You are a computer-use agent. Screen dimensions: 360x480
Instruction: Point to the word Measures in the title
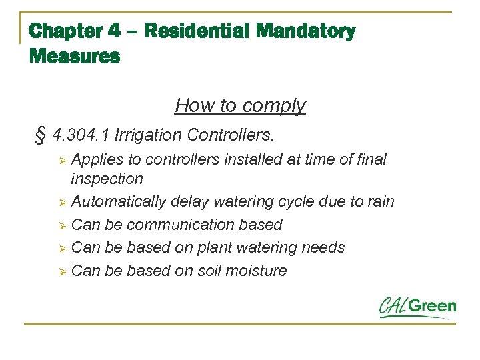coord(75,56)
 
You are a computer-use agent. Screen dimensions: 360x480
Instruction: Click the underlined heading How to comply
coord(240,105)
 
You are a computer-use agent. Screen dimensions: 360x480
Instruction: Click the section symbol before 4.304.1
coord(39,135)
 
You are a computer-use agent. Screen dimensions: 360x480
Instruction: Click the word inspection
coord(107,179)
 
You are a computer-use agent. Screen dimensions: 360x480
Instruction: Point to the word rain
coord(379,201)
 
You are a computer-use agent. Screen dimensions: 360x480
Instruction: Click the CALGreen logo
coord(417,307)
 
